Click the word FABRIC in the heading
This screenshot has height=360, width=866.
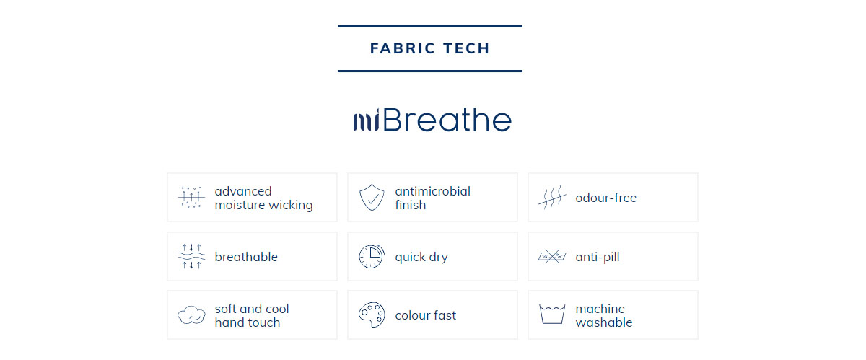click(x=403, y=48)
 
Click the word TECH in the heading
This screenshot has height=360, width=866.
click(x=467, y=48)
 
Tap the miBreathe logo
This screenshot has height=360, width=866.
click(x=432, y=120)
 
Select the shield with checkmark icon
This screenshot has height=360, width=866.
click(x=372, y=197)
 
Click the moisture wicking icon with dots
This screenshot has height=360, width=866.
click(x=191, y=197)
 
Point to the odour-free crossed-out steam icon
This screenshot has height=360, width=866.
click(x=552, y=197)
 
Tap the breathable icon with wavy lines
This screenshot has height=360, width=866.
click(x=191, y=256)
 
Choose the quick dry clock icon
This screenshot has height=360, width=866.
click(x=372, y=256)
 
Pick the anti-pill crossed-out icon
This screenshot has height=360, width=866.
click(x=552, y=256)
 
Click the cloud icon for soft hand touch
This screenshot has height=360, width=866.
click(x=191, y=315)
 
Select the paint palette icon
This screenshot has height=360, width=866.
click(x=372, y=315)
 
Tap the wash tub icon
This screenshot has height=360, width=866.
click(x=552, y=315)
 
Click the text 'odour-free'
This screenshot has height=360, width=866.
click(x=605, y=198)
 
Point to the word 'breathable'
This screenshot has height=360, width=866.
click(x=246, y=257)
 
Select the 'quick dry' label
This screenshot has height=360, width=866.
click(x=421, y=257)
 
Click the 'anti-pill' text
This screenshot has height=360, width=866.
click(x=598, y=257)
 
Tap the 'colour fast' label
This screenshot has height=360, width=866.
click(x=425, y=315)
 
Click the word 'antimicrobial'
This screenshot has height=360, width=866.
click(x=432, y=191)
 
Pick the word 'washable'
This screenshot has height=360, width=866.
click(x=604, y=322)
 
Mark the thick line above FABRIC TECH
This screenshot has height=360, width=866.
click(x=430, y=26)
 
